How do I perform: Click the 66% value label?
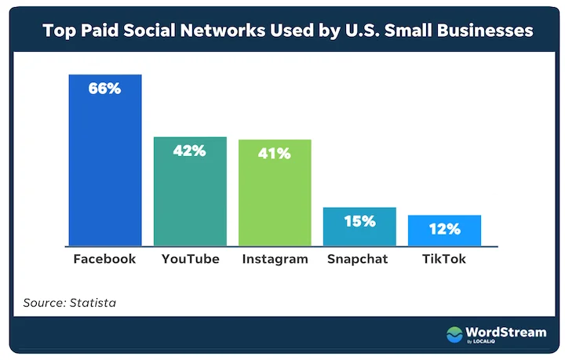tap(105, 89)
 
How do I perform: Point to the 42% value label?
tap(190, 151)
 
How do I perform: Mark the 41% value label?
tap(275, 154)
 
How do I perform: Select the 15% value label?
tap(359, 221)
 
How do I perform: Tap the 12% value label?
tap(444, 229)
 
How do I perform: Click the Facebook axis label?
tap(104, 259)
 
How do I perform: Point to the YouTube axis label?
tap(190, 259)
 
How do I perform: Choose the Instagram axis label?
tap(275, 259)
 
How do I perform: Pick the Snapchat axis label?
tap(359, 259)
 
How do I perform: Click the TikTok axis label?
tap(443, 259)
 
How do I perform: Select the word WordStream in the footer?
tap(507, 333)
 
